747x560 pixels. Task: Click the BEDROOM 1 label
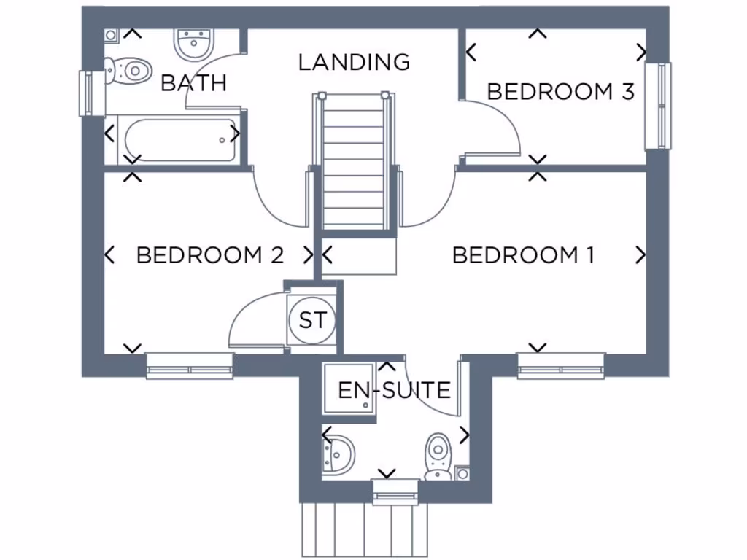click(523, 255)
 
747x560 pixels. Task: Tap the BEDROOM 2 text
click(209, 255)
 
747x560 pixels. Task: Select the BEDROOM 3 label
click(560, 92)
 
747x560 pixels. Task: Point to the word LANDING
click(355, 62)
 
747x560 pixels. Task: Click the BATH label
click(193, 83)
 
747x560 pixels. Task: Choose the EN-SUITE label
click(394, 391)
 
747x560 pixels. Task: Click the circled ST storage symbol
click(312, 320)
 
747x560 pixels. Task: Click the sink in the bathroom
click(193, 44)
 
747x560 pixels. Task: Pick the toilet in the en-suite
click(438, 455)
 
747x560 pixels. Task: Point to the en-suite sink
click(340, 454)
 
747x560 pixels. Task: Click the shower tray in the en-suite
click(349, 391)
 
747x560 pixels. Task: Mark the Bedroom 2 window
click(190, 366)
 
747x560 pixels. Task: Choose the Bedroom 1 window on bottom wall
click(561, 366)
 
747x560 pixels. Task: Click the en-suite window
click(395, 492)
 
